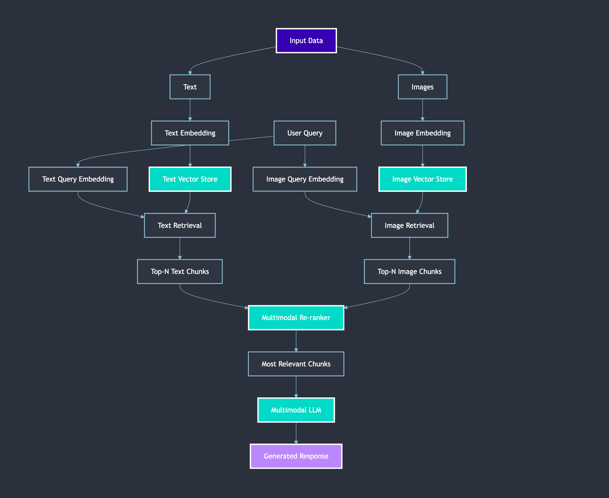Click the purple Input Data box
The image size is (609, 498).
pos(306,41)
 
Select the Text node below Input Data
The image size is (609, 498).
pos(190,87)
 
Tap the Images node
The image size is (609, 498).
pos(422,87)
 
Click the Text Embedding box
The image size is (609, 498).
pos(190,133)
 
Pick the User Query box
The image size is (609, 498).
pos(304,133)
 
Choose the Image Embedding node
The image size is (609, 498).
pos(422,133)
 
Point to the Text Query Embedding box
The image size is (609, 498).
pos(78,179)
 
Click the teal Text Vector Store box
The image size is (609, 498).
pos(190,179)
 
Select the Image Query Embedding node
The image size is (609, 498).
pos(304,179)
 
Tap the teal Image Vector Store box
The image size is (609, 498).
pos(422,179)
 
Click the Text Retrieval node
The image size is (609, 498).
pos(180,225)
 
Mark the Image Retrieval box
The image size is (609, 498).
pos(409,225)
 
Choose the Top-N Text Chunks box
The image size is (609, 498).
pos(180,272)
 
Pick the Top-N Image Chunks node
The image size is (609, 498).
pos(409,272)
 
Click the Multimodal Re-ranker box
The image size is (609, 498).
pos(296,318)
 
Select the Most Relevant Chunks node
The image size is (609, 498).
pos(296,364)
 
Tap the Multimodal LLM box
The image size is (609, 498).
pos(296,410)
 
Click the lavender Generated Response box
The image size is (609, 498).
pos(296,456)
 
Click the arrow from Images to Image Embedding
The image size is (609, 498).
pos(423,110)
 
